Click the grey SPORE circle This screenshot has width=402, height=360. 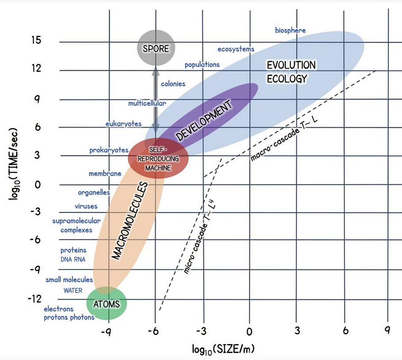[x=155, y=48]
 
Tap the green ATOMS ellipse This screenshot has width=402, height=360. [x=107, y=303]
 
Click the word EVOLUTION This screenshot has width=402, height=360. [x=291, y=65]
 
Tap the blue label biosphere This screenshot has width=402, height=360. [x=290, y=30]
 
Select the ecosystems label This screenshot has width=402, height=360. [x=236, y=49]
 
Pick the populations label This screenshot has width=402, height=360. [x=202, y=64]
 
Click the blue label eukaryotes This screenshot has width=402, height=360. [x=123, y=124]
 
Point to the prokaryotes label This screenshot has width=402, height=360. [x=109, y=150]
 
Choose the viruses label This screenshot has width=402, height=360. [x=86, y=206]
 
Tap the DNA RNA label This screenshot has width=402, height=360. [x=73, y=259]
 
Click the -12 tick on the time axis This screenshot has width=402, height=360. [x=35, y=299]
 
